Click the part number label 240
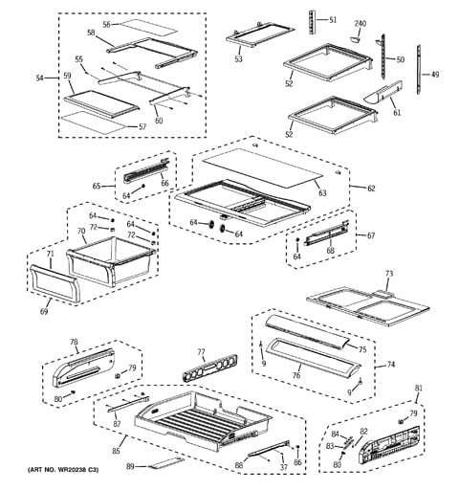coord(361,24)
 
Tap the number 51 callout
coord(333,20)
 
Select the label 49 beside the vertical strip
coord(435,75)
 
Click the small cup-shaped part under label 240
coord(355,39)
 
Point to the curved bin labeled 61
coord(383,93)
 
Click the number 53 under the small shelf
coord(238,58)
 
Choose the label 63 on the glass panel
coord(322,192)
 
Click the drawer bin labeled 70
coord(111,260)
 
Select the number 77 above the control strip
coord(201,352)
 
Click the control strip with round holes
coord(210,367)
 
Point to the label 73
coord(389,274)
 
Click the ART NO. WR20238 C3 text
coord(63,470)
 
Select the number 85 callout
coord(116,451)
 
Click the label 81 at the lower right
coord(419,389)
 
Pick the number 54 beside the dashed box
coord(39,78)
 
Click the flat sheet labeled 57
coord(93,122)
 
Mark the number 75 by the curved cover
coord(362,349)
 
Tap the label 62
coord(371,189)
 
